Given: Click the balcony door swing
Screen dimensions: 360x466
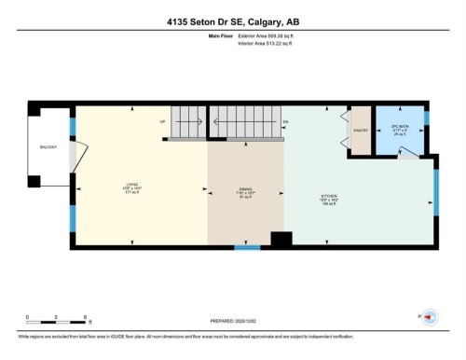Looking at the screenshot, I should click(x=78, y=154).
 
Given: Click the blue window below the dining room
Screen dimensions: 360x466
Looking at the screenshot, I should click(x=247, y=248).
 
